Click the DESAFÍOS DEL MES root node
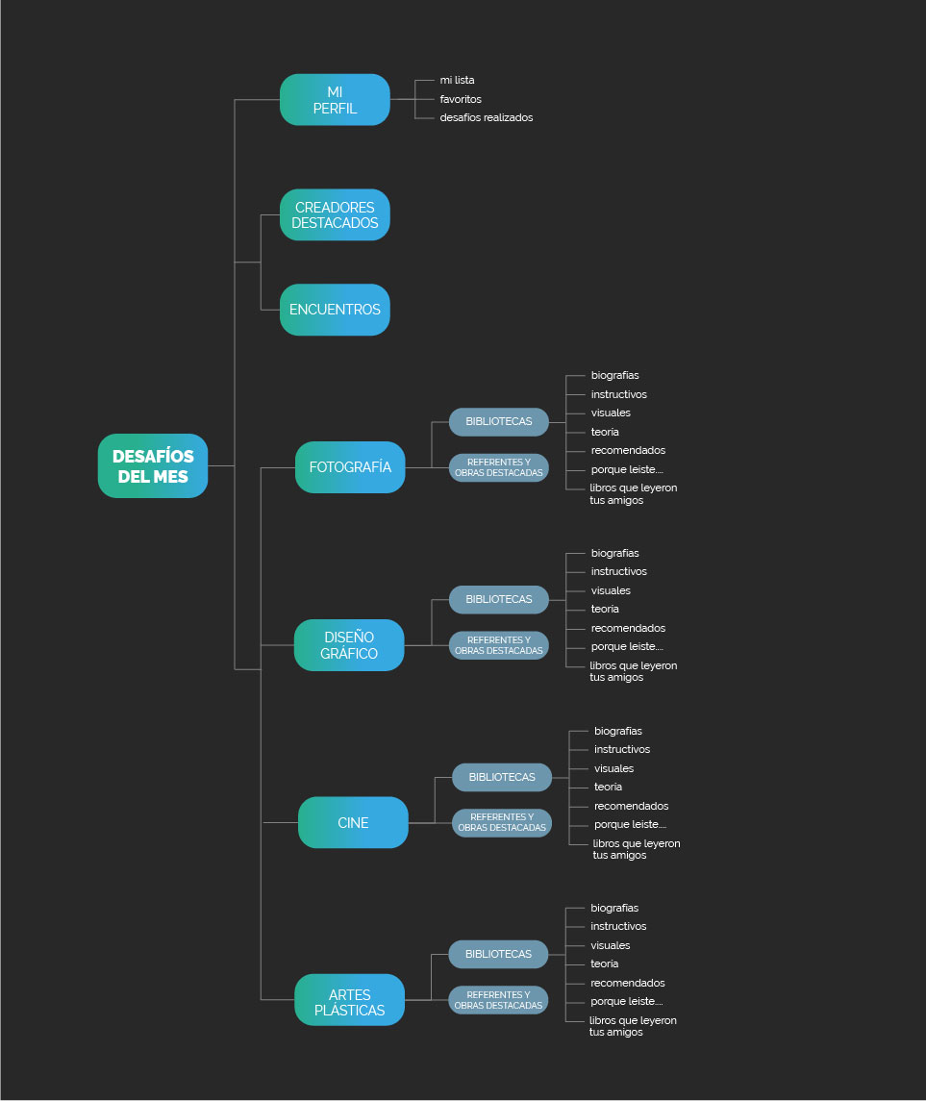coord(153,465)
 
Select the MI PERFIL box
coord(335,100)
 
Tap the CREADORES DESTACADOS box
coord(335,215)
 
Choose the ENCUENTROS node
coord(335,310)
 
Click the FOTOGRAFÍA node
coord(350,467)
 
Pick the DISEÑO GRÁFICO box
coord(349,645)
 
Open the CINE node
coord(353,823)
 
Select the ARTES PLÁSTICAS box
coord(349,1001)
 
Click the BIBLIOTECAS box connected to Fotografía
coord(498,421)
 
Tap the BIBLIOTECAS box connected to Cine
coord(502,777)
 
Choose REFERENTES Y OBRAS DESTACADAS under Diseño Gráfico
coord(498,645)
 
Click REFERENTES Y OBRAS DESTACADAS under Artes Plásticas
coord(498,1000)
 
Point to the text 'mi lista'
coord(457,81)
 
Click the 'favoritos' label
coord(461,99)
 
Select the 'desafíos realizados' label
coord(486,117)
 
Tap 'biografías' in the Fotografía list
coord(614,375)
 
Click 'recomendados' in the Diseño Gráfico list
coord(628,628)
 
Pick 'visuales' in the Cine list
coord(613,768)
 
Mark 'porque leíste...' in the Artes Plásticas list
coord(626,1002)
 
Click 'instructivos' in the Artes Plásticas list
coord(618,927)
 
